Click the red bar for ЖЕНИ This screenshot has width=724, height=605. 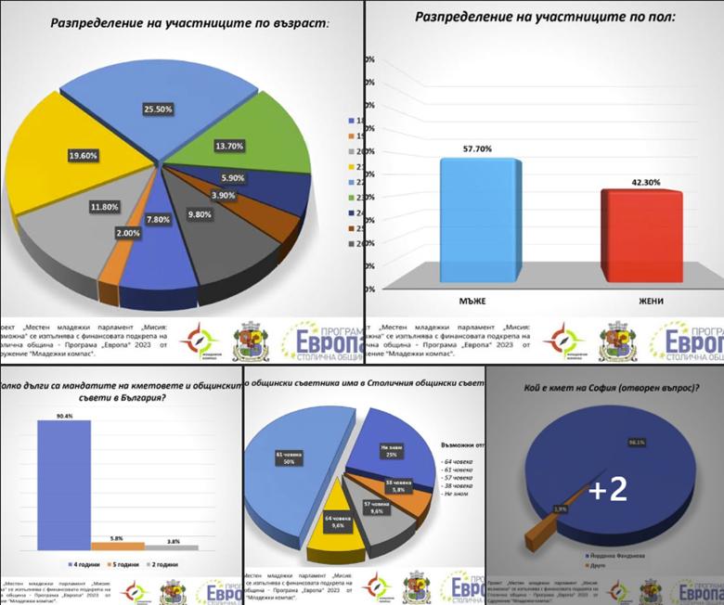pos(640,236)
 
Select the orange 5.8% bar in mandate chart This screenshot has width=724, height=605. pos(117,546)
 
